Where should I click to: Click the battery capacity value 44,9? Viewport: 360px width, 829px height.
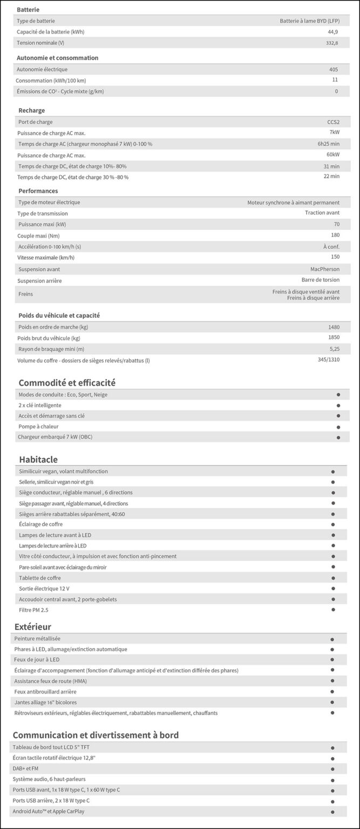tap(333, 32)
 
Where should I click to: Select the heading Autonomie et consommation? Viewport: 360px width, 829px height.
tap(58, 58)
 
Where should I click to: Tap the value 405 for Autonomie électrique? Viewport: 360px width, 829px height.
tap(334, 70)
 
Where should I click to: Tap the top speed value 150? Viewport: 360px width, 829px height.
tap(335, 257)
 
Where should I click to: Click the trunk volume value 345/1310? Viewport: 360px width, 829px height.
tap(329, 359)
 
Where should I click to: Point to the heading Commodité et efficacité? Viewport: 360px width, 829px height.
tap(67, 383)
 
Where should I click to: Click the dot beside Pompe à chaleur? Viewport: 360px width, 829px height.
tap(338, 427)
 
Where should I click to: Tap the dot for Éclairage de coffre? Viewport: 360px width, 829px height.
tap(334, 524)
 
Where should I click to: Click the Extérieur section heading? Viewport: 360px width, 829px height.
tap(33, 627)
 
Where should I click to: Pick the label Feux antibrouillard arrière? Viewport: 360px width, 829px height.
tap(45, 691)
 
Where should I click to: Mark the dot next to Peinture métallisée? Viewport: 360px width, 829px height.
tap(332, 639)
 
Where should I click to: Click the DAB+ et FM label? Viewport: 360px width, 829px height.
tap(25, 769)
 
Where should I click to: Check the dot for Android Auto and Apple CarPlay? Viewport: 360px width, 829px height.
tap(332, 812)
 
